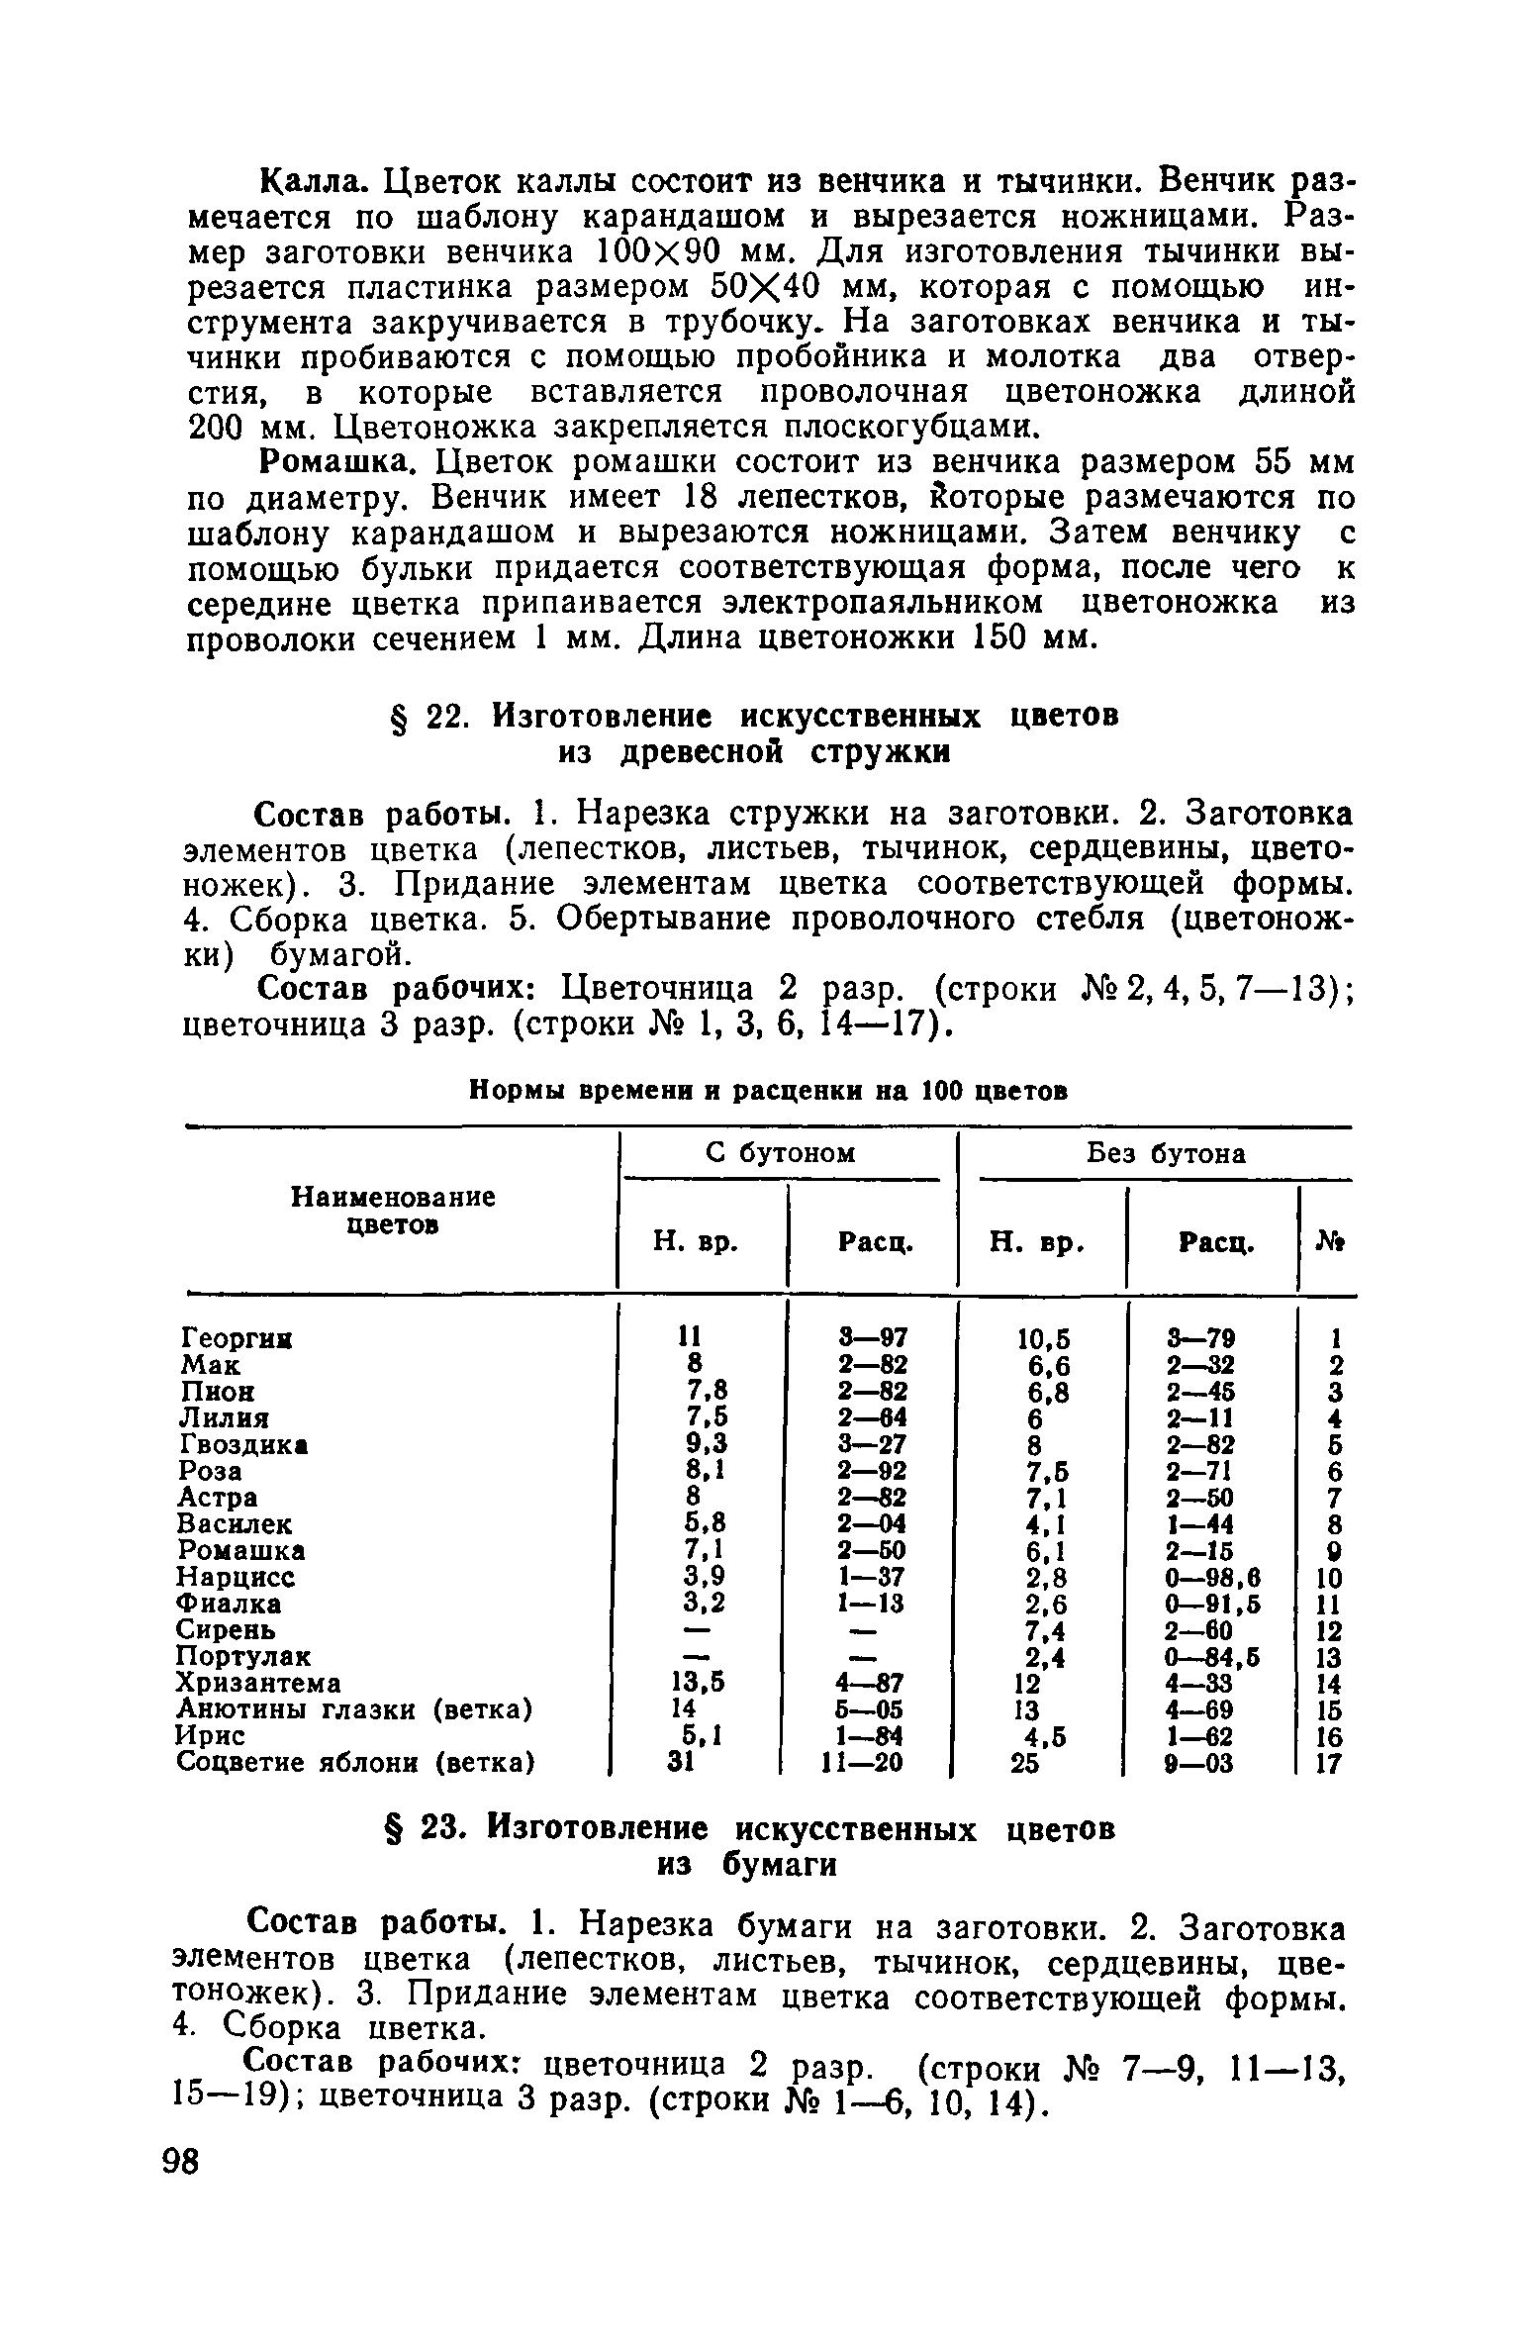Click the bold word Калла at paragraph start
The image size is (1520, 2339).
point(315,182)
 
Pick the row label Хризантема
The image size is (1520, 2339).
point(259,1683)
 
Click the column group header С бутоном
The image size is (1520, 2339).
point(781,1153)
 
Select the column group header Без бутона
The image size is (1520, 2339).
point(1166,1153)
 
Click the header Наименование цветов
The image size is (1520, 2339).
point(393,1211)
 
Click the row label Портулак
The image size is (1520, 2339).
point(243,1656)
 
